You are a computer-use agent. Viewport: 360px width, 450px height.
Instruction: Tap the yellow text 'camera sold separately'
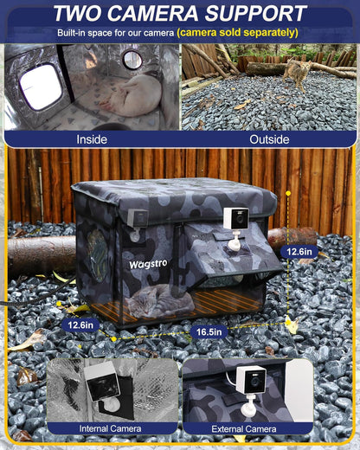(238, 32)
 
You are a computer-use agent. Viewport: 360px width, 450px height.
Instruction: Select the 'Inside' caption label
(92, 138)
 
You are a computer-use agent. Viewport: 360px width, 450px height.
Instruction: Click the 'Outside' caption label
(269, 138)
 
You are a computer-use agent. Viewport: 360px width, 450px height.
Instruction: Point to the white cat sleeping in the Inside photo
(132, 93)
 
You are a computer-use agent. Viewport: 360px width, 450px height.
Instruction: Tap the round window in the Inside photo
(132, 60)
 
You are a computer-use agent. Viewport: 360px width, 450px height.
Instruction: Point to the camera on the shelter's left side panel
(134, 220)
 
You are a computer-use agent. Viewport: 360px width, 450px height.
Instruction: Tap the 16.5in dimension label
(210, 332)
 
